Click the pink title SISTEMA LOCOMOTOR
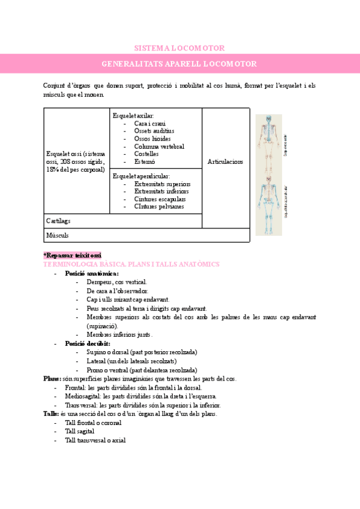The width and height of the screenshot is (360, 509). tap(179, 48)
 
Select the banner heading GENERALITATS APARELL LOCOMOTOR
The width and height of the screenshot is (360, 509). tap(179, 64)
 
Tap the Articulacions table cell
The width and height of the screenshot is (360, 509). tap(225, 162)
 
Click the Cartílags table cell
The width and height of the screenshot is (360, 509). tap(59, 221)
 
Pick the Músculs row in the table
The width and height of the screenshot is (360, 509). tap(58, 235)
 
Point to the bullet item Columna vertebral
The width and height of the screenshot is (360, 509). tap(159, 146)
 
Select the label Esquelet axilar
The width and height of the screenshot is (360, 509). tap(133, 115)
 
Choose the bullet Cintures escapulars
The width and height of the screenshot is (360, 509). tap(160, 199)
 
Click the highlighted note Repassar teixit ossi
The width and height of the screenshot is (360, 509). tap(73, 255)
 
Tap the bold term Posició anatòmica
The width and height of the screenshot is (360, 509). tap(92, 273)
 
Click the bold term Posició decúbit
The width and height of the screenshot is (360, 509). tap(88, 343)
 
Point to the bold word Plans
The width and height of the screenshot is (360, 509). tap(52, 379)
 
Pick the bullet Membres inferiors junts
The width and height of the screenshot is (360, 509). tap(119, 334)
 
